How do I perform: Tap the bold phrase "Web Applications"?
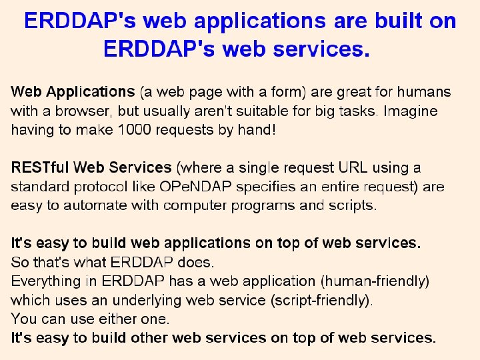(x=73, y=91)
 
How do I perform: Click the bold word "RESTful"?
(x=39, y=167)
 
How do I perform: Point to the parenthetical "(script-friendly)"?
(x=319, y=300)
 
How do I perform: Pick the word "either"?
(x=106, y=319)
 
